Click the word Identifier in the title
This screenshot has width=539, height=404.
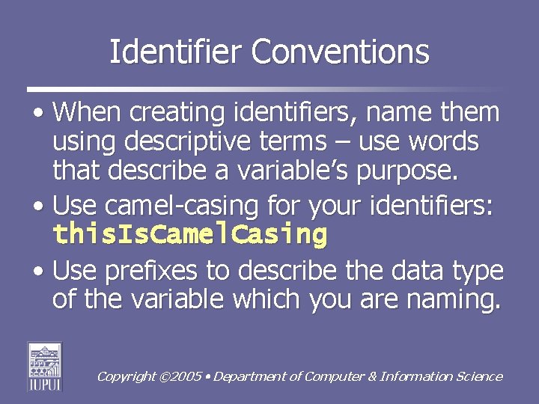pos(176,52)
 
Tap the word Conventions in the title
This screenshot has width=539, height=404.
pos(341,52)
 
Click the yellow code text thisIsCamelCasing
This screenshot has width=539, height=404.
pos(190,234)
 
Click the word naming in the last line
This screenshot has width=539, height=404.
pos(457,300)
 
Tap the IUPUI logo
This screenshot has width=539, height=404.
pos(45,366)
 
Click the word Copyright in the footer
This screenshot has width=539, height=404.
pos(127,377)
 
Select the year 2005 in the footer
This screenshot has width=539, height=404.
pos(186,377)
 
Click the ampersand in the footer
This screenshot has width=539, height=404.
pos(371,377)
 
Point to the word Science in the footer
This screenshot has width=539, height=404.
pos(479,377)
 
